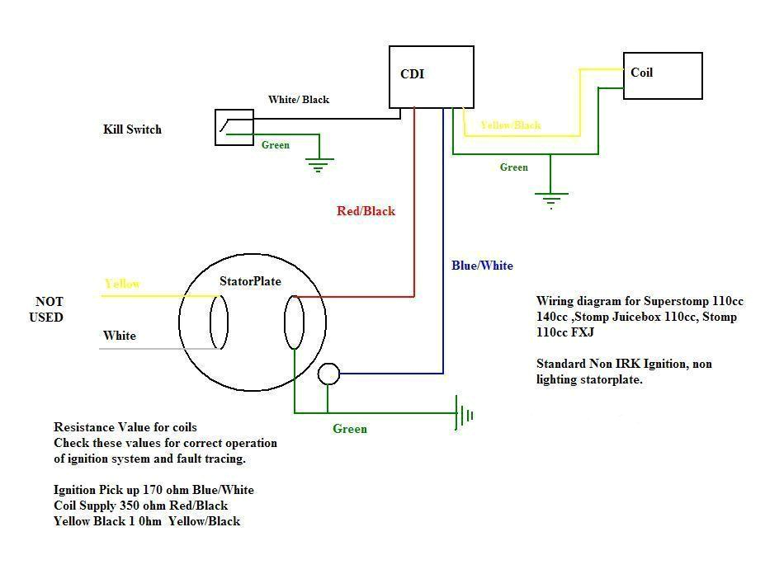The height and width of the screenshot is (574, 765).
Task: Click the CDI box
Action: click(x=431, y=77)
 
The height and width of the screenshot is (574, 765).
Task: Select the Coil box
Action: click(x=662, y=76)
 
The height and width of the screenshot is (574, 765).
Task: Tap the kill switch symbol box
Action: click(x=234, y=127)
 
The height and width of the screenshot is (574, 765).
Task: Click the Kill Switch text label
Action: click(x=132, y=129)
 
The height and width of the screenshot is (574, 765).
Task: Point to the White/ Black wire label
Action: click(x=298, y=100)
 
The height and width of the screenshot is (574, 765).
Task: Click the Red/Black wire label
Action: click(x=366, y=211)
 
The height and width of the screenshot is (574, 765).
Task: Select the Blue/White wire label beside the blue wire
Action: click(x=482, y=266)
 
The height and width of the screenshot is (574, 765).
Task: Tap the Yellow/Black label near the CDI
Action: click(x=510, y=125)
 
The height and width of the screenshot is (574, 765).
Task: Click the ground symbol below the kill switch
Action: click(x=319, y=165)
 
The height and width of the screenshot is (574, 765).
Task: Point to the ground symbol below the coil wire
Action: click(x=550, y=200)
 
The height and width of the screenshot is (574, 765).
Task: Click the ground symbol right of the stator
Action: click(x=464, y=413)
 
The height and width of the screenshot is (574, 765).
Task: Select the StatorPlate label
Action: click(x=250, y=281)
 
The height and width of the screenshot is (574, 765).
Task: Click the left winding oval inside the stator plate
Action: click(x=219, y=322)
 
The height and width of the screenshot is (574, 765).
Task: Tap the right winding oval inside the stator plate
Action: click(x=294, y=322)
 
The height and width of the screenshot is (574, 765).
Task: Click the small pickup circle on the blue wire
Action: click(x=328, y=374)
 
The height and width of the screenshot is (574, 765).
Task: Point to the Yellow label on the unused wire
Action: click(x=122, y=285)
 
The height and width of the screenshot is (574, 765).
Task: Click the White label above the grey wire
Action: click(x=120, y=336)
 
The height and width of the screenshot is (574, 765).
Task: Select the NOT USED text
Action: click(x=49, y=309)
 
